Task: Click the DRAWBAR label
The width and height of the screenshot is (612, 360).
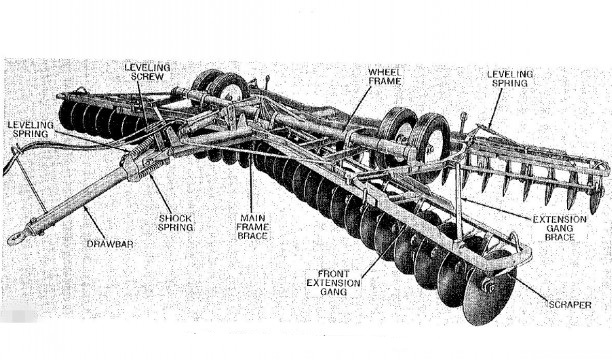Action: (110, 244)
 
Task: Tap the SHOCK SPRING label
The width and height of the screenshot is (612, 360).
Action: (176, 223)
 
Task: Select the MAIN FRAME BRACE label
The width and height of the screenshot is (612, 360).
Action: (252, 227)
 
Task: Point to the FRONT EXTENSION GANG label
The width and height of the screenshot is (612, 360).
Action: (333, 283)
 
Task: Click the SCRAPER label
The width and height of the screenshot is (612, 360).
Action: (570, 305)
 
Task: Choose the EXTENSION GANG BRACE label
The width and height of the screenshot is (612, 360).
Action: (560, 228)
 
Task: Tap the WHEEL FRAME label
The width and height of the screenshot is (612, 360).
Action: (385, 77)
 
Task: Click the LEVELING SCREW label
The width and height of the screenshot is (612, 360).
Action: (147, 72)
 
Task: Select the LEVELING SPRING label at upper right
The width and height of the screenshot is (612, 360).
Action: (510, 78)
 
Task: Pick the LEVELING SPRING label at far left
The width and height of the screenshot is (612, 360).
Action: (30, 129)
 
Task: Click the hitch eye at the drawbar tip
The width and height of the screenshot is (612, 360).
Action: (16, 237)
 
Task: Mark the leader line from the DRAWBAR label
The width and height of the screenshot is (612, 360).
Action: (94, 223)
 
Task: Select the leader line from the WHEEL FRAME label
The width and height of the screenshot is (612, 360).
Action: (357, 109)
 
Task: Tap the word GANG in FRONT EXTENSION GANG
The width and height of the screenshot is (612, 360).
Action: (333, 292)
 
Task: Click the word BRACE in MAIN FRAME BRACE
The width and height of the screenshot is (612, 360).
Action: (252, 236)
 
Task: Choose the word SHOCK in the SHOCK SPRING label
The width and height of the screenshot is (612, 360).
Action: (175, 218)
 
